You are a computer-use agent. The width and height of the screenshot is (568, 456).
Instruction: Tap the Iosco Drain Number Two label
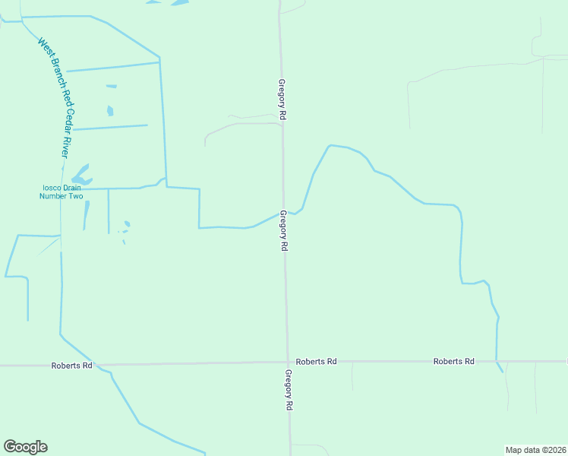coord(61,192)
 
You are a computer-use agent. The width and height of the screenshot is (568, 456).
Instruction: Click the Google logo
coord(25,447)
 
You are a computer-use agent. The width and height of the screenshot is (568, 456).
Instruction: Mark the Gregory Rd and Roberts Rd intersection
coord(288,363)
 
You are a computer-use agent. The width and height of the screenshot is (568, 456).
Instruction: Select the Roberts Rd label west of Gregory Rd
coord(71,366)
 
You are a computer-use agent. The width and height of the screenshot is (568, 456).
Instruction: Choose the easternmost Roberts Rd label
coord(454,362)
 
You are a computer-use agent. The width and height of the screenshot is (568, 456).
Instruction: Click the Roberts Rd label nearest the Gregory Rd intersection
coord(316,362)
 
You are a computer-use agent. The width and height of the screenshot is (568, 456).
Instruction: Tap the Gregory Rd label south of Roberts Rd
coord(289,391)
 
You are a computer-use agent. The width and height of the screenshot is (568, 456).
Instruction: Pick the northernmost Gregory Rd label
coord(282,100)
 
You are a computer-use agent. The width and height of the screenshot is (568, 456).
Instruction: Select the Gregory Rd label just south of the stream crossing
coord(284,231)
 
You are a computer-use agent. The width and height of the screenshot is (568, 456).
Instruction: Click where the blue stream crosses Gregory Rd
coord(284,212)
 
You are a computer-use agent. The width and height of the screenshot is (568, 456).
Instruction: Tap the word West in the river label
coord(44,46)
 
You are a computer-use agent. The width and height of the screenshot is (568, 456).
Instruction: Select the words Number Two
coord(61,196)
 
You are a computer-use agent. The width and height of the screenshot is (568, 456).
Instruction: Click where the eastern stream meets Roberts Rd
coord(497,362)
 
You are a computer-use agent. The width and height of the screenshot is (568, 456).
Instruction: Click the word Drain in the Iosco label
coord(71,188)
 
